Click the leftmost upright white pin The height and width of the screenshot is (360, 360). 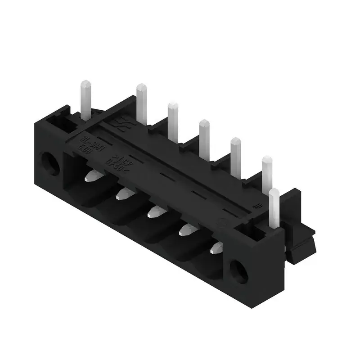(x=86, y=97)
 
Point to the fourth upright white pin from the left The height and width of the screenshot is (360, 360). (x=204, y=137)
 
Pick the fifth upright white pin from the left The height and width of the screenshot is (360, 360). (x=235, y=156)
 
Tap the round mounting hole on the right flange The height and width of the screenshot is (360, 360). (x=238, y=271)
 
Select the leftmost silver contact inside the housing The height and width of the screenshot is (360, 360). (x=93, y=175)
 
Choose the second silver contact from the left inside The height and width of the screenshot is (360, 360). (x=122, y=194)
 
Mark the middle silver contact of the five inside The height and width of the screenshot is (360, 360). (x=154, y=211)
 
